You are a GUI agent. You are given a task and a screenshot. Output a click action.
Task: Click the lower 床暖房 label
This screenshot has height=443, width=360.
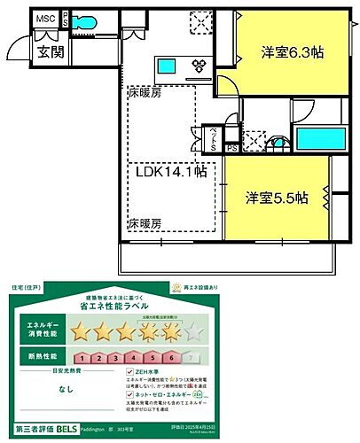coord(147,222)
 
